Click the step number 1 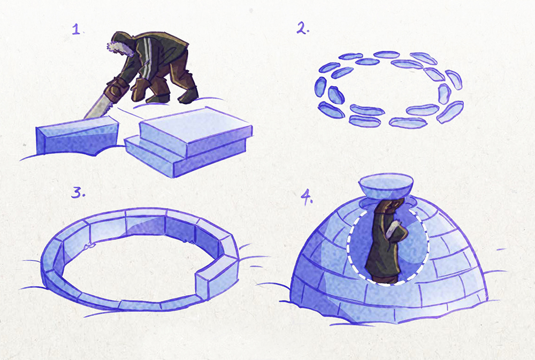(77, 29)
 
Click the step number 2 (303, 28)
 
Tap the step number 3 (78, 193)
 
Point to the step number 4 (307, 197)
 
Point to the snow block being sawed (77, 135)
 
